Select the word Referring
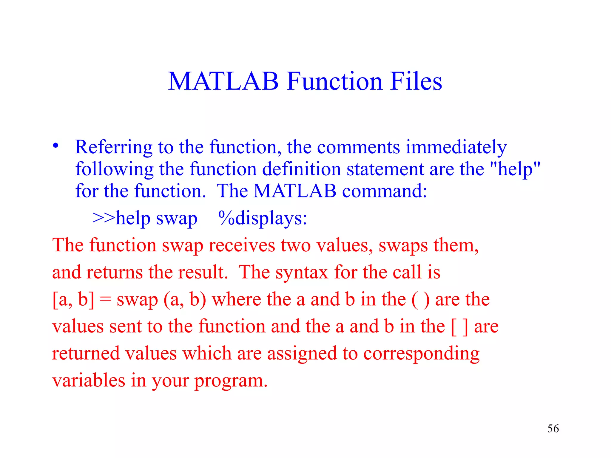114,147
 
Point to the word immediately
456,147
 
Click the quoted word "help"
515,169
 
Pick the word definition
301,169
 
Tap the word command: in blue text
385,191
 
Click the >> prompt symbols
104,218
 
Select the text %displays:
263,218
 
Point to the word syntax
301,273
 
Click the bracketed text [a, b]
73,299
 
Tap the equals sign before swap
105,300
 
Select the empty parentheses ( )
420,299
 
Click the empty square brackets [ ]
459,327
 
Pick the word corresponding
421,354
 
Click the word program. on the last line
231,381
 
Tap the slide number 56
553,429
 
